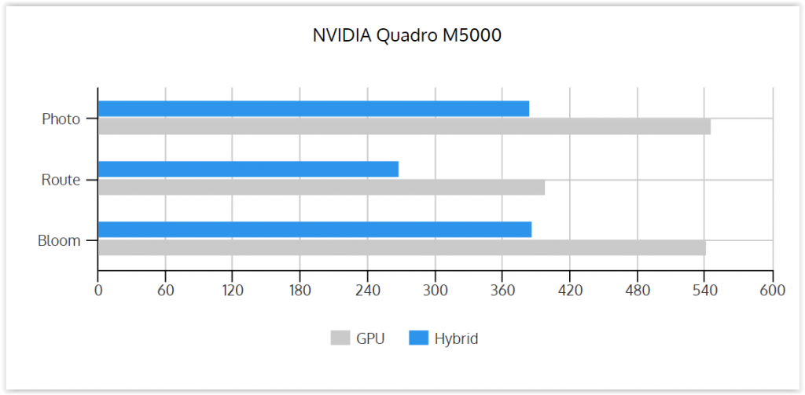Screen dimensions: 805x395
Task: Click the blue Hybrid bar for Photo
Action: click(314, 108)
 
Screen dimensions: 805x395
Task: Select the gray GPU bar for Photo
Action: click(405, 126)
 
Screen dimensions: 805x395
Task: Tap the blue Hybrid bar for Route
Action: click(248, 170)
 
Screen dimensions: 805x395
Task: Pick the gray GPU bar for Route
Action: click(322, 187)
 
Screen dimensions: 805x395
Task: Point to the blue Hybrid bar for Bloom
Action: click(314, 230)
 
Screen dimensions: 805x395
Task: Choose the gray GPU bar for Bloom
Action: click(402, 248)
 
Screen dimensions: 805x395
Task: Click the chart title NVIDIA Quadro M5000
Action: click(406, 35)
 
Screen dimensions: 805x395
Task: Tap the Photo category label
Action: click(61, 119)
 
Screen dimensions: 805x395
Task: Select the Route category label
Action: click(61, 180)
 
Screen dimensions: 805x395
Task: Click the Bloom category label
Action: click(59, 240)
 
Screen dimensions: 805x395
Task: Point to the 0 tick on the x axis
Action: click(98, 291)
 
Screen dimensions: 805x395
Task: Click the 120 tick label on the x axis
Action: click(232, 291)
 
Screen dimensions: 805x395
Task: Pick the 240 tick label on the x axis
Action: click(368, 291)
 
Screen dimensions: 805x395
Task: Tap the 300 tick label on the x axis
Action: click(436, 291)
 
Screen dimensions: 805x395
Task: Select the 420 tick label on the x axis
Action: click(570, 291)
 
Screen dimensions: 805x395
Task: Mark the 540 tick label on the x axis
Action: click(704, 291)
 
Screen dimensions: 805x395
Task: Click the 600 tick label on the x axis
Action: click(773, 291)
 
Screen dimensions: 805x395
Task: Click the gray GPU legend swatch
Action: click(340, 338)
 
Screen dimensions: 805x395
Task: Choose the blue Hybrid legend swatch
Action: click(418, 338)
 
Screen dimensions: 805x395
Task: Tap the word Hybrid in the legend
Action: click(457, 339)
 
